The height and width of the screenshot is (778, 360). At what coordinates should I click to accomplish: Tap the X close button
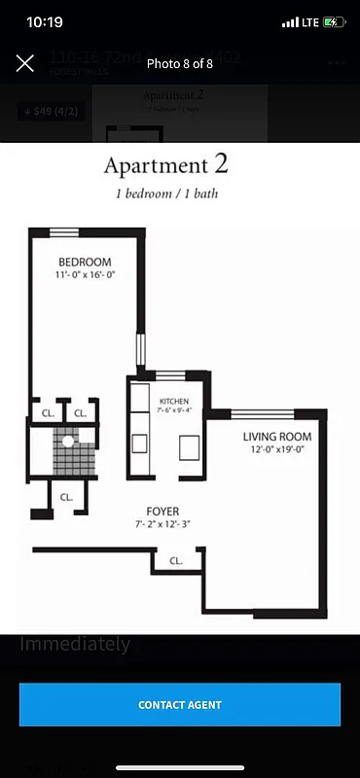pyautogui.click(x=25, y=63)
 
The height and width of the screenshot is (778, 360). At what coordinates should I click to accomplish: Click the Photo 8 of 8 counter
pyautogui.click(x=180, y=63)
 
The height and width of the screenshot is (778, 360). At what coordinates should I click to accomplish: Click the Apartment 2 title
pyautogui.click(x=166, y=164)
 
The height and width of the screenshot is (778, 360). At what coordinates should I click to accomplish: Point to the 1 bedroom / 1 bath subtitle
pyautogui.click(x=166, y=193)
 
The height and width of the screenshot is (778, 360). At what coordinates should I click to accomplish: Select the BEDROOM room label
pyautogui.click(x=85, y=263)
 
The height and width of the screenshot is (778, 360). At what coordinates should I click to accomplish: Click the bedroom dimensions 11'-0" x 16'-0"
pyautogui.click(x=85, y=276)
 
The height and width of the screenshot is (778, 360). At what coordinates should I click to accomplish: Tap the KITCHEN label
pyautogui.click(x=174, y=402)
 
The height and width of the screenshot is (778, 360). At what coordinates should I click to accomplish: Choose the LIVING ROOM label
pyautogui.click(x=277, y=437)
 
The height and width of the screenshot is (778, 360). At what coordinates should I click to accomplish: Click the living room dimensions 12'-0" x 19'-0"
pyautogui.click(x=277, y=450)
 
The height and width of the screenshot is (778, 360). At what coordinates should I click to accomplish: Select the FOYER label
pyautogui.click(x=162, y=512)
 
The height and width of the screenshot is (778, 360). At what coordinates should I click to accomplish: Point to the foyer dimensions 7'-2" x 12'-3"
pyautogui.click(x=162, y=525)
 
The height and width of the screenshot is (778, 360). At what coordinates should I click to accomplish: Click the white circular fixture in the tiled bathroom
pyautogui.click(x=68, y=442)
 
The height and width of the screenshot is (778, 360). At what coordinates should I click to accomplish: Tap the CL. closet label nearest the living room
pyautogui.click(x=176, y=561)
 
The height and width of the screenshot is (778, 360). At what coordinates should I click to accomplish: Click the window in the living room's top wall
pyautogui.click(x=263, y=414)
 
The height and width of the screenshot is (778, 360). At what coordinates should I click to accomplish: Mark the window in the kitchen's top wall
pyautogui.click(x=171, y=375)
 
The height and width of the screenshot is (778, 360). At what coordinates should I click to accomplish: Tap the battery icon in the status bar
pyautogui.click(x=334, y=21)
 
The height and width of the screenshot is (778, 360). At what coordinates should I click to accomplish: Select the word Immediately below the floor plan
pyautogui.click(x=75, y=644)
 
